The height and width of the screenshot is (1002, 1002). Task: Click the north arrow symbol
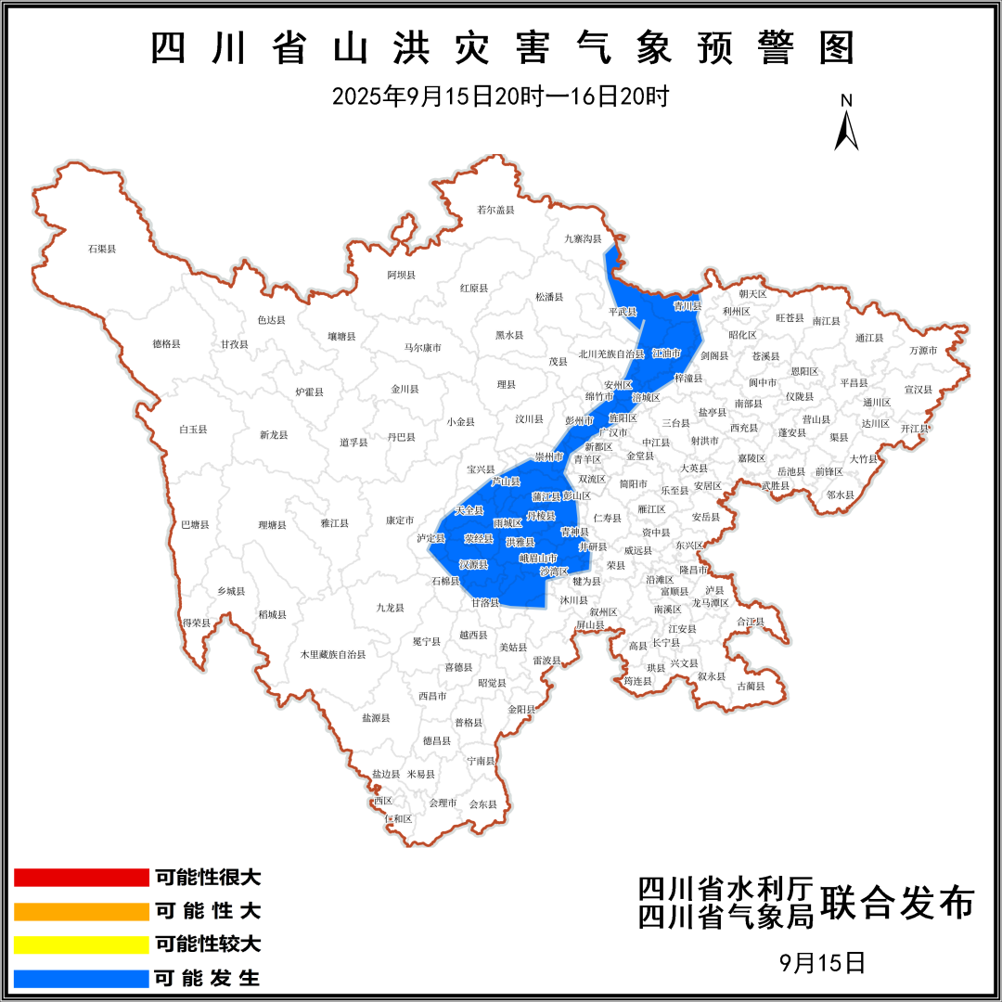(846, 124)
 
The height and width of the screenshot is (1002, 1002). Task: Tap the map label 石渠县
(101, 249)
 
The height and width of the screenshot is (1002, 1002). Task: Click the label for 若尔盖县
(495, 210)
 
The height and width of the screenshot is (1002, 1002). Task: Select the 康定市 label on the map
(400, 520)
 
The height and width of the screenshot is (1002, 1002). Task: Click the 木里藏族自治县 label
(332, 654)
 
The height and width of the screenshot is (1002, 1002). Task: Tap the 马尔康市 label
(422, 348)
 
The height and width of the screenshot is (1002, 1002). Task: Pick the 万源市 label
(923, 351)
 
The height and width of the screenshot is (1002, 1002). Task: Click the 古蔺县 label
(751, 687)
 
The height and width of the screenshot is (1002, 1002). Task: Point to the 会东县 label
(482, 803)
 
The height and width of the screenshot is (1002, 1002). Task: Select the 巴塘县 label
(195, 525)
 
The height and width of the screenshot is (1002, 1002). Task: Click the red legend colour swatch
(82, 878)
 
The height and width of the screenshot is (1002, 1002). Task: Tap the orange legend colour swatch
(82, 911)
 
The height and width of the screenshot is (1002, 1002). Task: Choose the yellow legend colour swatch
(82, 944)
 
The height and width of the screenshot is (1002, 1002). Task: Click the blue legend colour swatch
(82, 978)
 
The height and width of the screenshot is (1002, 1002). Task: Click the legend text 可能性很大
(208, 878)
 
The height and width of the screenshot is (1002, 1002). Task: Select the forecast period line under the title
(501, 96)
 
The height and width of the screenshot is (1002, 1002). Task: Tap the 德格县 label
(166, 344)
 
